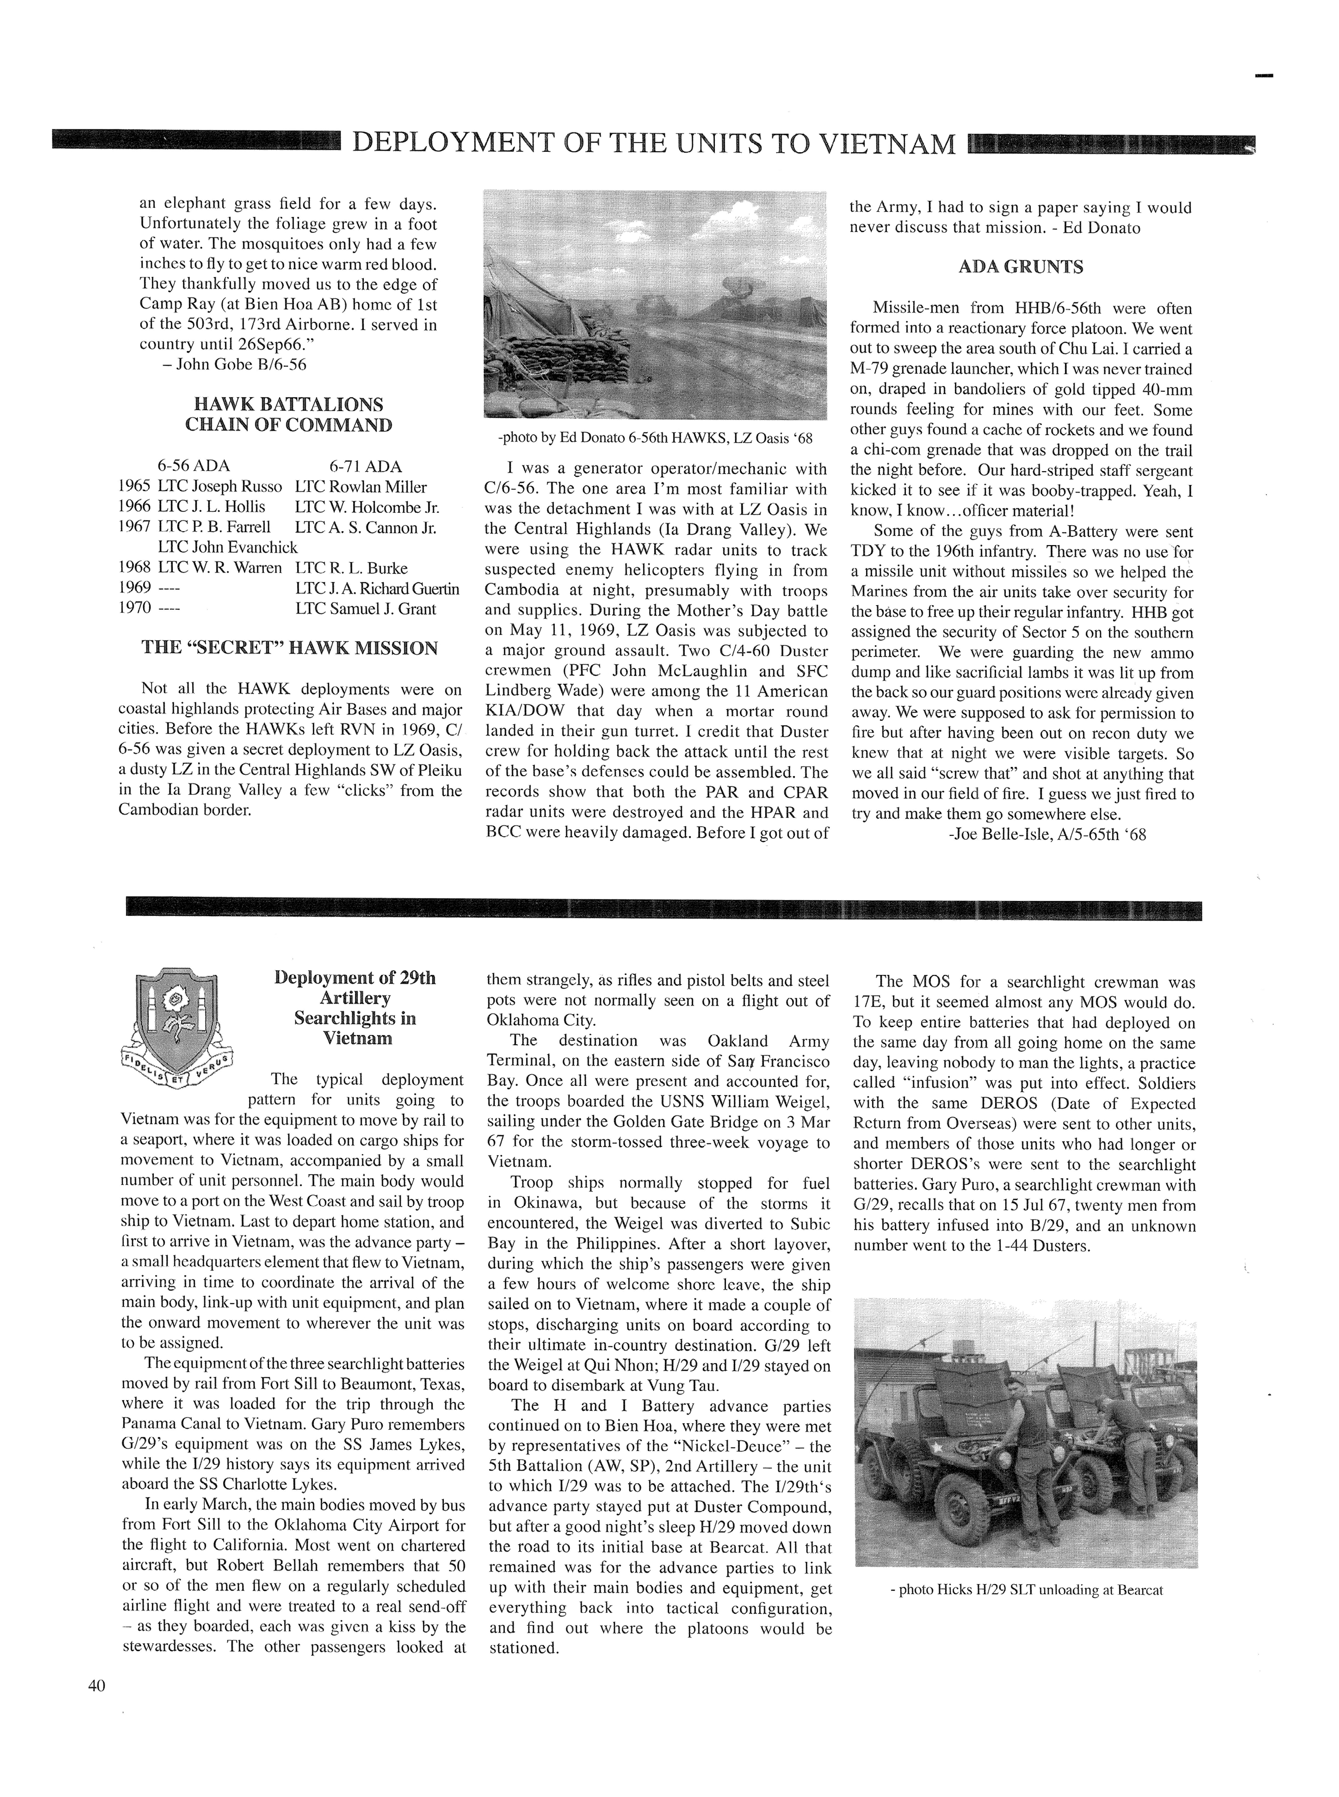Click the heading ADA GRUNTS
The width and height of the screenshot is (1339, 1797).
click(1021, 267)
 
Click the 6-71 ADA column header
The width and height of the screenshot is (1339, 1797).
click(365, 467)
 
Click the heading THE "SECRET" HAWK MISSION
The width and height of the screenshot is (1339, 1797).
click(289, 648)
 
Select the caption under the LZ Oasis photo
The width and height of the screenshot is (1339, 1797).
click(655, 439)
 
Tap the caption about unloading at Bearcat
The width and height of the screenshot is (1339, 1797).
click(1025, 1590)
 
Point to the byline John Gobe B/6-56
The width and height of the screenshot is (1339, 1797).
click(234, 365)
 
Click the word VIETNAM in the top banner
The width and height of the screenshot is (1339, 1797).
click(888, 144)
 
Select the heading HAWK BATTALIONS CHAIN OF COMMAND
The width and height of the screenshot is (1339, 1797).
click(288, 415)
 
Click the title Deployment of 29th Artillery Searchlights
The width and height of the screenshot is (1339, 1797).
click(355, 1008)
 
